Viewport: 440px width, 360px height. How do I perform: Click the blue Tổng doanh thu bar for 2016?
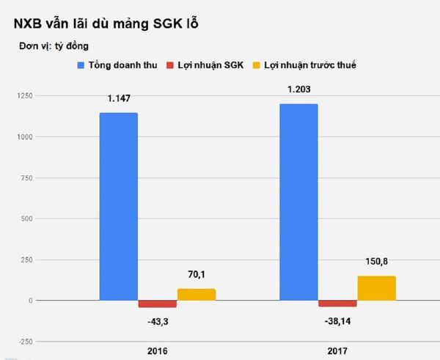pyautogui.click(x=118, y=206)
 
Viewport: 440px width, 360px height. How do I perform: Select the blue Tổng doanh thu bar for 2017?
pyautogui.click(x=298, y=202)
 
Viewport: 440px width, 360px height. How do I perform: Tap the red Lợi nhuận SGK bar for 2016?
pyautogui.click(x=157, y=304)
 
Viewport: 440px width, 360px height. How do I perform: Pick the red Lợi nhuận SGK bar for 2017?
pyautogui.click(x=337, y=304)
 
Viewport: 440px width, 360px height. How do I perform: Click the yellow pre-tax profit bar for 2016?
pyautogui.click(x=196, y=295)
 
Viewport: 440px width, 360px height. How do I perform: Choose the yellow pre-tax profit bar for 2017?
pyautogui.click(x=376, y=288)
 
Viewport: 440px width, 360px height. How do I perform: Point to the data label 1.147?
pyautogui.click(x=118, y=98)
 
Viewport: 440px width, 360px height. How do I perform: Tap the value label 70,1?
pyautogui.click(x=196, y=275)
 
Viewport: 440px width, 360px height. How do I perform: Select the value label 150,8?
pyautogui.click(x=376, y=262)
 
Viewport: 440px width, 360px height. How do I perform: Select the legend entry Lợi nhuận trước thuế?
pyautogui.click(x=311, y=66)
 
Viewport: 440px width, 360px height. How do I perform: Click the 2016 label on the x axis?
pyautogui.click(x=157, y=351)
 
